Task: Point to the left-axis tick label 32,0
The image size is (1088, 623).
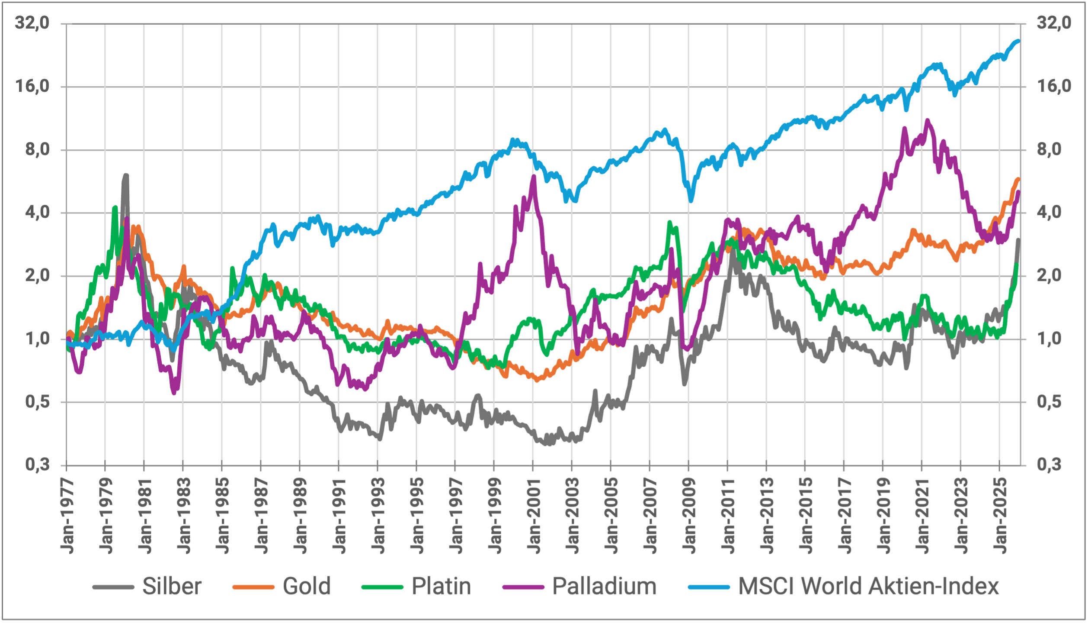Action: [x=32, y=23]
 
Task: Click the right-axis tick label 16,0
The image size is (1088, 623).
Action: [x=1054, y=86]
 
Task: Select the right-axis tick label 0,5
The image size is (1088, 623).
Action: [x=1049, y=402]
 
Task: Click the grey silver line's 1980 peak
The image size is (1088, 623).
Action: [x=126, y=175]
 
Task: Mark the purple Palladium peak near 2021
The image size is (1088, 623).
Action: [x=927, y=120]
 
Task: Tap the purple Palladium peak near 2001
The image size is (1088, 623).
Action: [x=534, y=177]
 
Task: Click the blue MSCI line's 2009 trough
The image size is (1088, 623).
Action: [x=691, y=200]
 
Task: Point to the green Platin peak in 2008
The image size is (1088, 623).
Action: [x=669, y=223]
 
